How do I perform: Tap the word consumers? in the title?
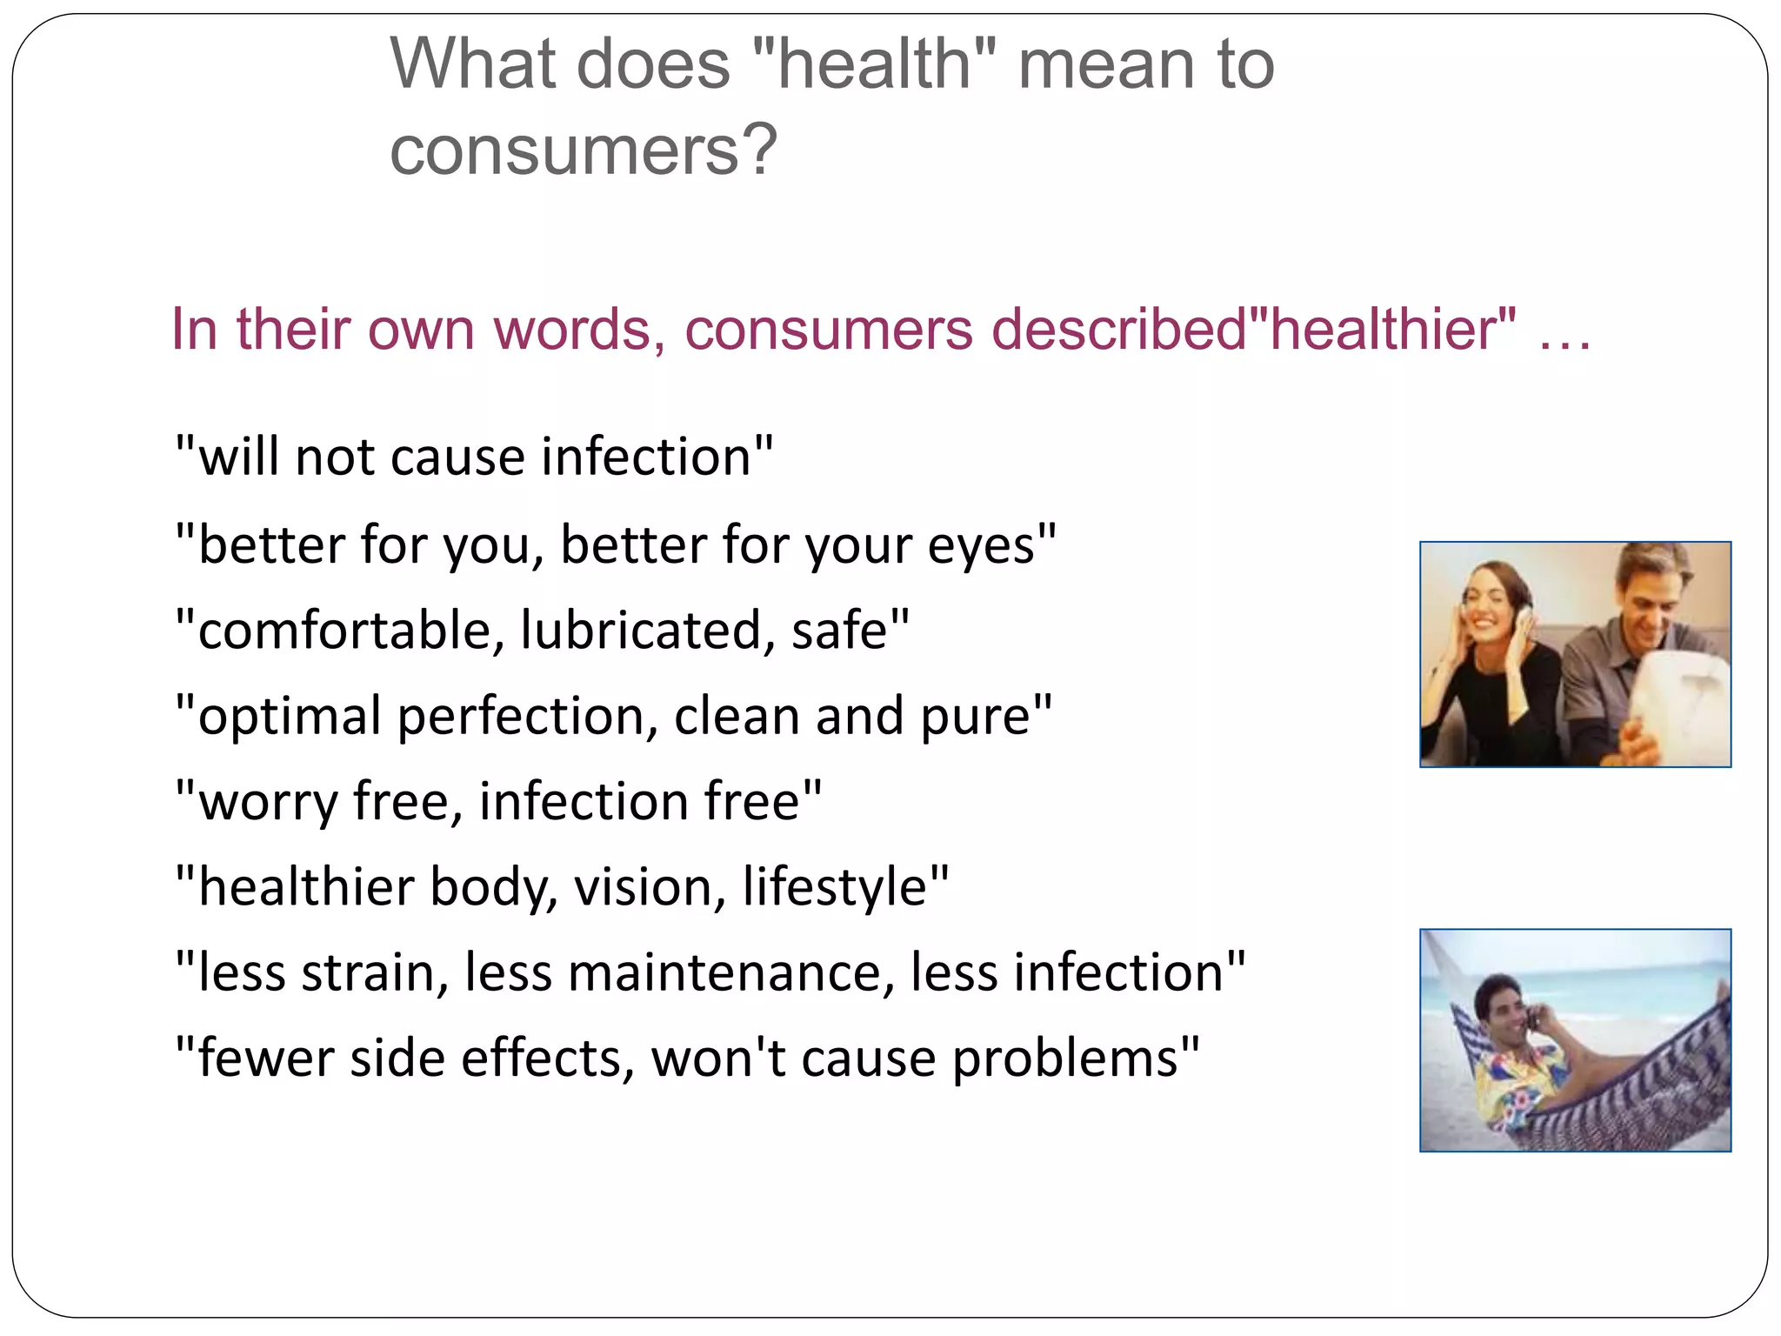(583, 150)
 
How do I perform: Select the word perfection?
(521, 717)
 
